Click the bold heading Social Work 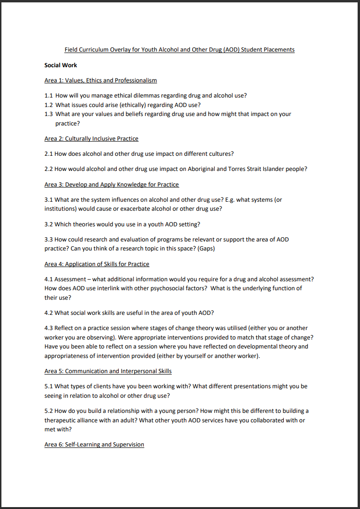(61, 65)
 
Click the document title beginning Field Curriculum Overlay (179, 50)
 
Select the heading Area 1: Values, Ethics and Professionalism (100, 80)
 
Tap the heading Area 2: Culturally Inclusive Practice (91, 139)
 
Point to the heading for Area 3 (112, 184)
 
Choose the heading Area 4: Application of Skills (97, 264)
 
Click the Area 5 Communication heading (108, 371)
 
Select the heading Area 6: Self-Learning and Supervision (94, 445)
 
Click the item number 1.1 (49, 95)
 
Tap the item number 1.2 (49, 105)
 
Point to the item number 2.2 (49, 169)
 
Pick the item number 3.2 (49, 224)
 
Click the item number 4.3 (49, 328)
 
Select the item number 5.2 (49, 411)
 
